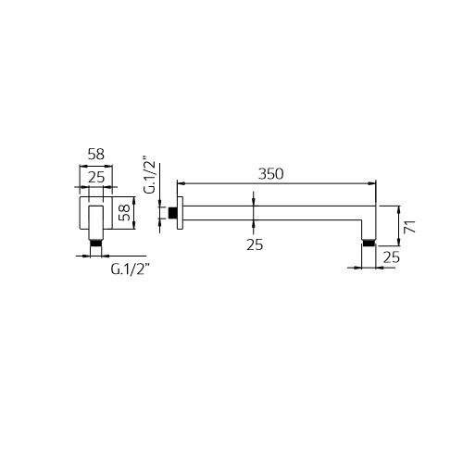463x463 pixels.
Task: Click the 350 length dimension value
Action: click(x=270, y=174)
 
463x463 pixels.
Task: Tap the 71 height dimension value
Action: click(x=410, y=226)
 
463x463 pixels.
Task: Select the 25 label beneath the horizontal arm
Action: click(x=255, y=244)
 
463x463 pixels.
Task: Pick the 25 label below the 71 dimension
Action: click(x=392, y=257)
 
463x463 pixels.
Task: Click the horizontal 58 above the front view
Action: click(x=96, y=154)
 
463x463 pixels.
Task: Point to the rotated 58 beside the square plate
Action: click(x=125, y=212)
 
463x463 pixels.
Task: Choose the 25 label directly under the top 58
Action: click(x=96, y=178)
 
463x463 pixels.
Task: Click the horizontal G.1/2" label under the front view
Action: click(x=130, y=269)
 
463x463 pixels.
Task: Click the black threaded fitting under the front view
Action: click(x=95, y=243)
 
